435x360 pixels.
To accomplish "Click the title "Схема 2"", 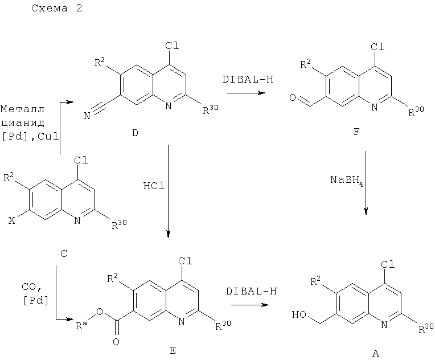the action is point(56,8).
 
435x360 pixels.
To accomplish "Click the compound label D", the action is point(135,133).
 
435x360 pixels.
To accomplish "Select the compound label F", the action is point(356,132).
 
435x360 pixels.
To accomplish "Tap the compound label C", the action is point(64,253).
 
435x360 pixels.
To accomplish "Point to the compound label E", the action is point(173,350).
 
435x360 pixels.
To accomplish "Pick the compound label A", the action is point(375,353).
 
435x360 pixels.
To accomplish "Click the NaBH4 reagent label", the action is point(347,180).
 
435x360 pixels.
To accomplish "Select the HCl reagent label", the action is point(154,186).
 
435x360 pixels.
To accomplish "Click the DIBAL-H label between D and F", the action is point(248,79).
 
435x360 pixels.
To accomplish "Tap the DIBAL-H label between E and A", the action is point(251,291).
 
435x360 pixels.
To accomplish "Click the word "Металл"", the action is point(22,109).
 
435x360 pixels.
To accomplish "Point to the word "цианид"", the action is point(23,122).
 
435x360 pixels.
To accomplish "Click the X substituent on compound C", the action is point(11,220).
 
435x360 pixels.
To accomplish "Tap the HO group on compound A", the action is point(299,314).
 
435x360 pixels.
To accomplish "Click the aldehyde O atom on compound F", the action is point(293,97).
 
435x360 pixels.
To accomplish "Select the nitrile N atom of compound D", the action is point(87,116).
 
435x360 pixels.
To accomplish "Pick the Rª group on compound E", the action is point(81,325).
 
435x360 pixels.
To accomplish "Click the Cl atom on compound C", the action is point(81,160).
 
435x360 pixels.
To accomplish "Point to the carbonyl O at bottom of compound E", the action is point(116,342).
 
